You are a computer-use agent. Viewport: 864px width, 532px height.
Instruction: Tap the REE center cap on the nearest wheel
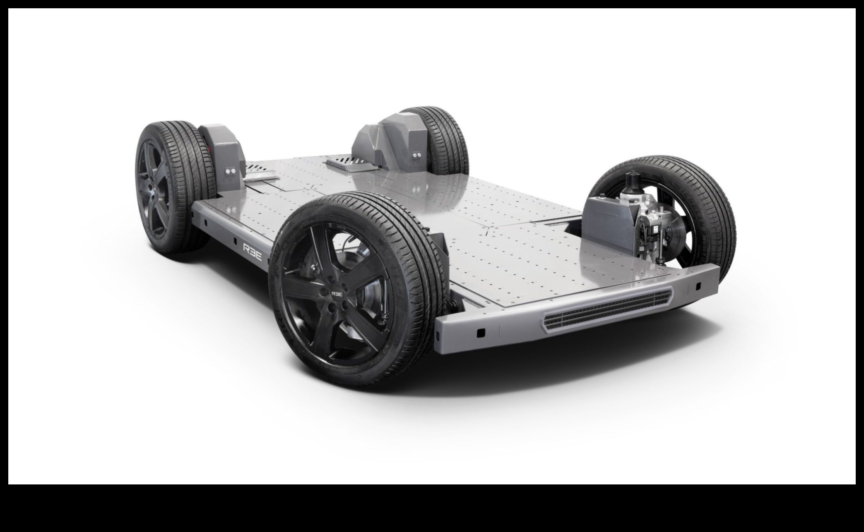(336, 293)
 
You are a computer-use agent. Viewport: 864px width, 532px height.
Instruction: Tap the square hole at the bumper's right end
(698, 285)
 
